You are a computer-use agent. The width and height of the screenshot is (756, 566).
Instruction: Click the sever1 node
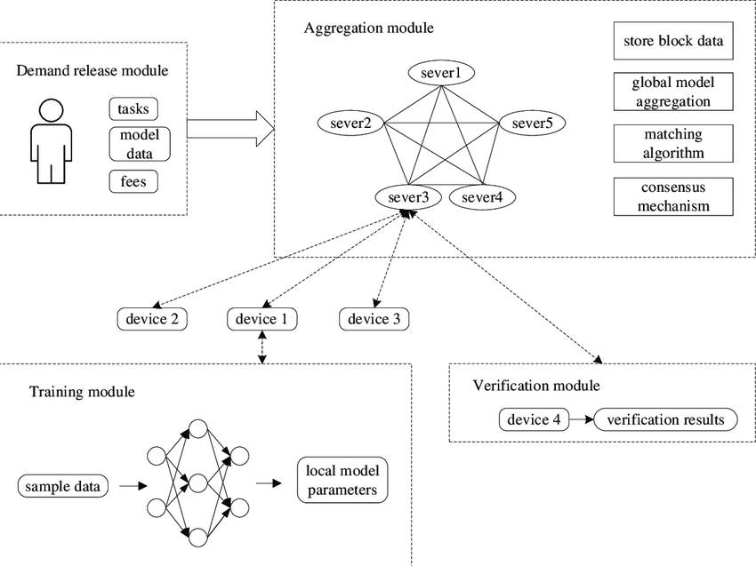[x=440, y=73]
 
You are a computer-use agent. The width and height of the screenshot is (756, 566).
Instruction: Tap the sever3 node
[x=408, y=196]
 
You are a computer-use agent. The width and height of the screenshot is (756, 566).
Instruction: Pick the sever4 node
[x=482, y=196]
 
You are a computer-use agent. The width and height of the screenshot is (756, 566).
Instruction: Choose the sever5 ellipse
[x=532, y=124]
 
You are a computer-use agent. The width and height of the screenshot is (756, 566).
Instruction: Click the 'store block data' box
[x=674, y=41]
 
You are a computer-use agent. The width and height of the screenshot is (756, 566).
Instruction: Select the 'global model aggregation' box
[x=674, y=92]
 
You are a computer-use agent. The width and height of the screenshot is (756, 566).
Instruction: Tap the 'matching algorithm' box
[x=674, y=144]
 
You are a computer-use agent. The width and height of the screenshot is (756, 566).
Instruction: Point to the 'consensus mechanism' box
[x=674, y=196]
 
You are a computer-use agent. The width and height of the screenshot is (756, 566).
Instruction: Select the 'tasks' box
[x=133, y=109]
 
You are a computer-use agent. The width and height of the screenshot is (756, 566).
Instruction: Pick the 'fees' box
[x=133, y=182]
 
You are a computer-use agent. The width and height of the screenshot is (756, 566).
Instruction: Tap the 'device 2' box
[x=152, y=319]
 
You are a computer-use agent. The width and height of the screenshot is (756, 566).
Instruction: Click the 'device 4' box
[x=534, y=419]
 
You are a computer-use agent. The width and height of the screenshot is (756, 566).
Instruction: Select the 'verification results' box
[x=666, y=419]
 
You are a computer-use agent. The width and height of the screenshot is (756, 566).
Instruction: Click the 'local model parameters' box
[x=342, y=480]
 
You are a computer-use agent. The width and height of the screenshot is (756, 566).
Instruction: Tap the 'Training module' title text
[x=83, y=391]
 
